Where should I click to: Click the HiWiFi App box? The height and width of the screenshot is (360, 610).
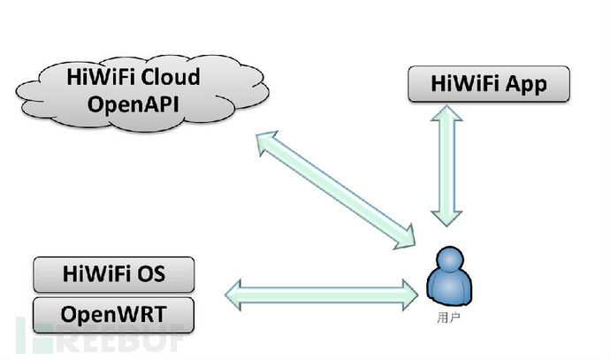click(488, 85)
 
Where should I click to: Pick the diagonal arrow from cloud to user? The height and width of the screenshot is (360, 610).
click(335, 187)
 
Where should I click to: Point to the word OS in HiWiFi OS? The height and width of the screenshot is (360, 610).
click(164, 274)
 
